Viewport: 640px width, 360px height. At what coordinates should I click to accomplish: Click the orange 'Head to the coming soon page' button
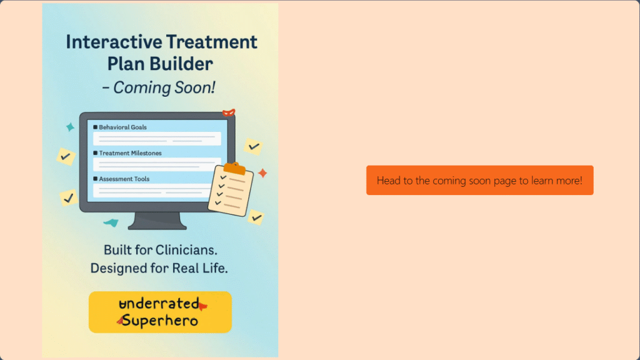479,181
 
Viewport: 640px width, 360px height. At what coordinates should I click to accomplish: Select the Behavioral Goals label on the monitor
123,127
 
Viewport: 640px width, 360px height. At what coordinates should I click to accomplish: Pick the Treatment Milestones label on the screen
130,153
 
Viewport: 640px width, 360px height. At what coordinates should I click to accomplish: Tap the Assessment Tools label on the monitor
124,179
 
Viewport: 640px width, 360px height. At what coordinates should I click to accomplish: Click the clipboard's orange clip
234,167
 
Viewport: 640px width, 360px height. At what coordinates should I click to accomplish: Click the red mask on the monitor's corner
229,112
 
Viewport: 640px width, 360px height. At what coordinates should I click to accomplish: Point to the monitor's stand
157,221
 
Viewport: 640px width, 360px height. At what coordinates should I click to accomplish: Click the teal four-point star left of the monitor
70,127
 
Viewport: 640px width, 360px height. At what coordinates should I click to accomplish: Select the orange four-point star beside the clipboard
262,173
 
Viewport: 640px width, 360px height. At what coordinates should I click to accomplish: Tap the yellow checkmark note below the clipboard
256,217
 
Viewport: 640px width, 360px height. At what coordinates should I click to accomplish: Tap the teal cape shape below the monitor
111,222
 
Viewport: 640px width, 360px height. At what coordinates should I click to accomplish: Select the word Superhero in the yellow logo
160,321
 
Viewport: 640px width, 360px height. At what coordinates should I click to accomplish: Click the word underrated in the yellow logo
159,304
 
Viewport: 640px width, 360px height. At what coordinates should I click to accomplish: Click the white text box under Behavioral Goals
157,139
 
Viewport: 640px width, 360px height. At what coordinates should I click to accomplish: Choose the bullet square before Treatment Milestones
95,153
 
